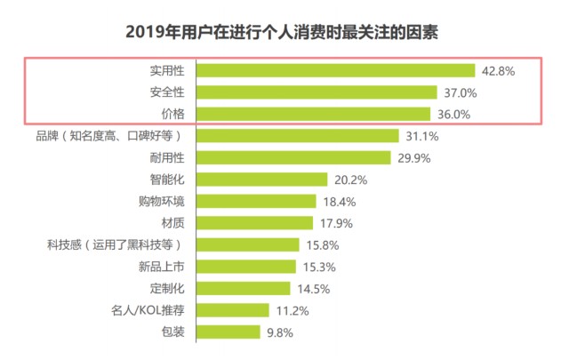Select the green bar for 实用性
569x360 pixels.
click(x=335, y=70)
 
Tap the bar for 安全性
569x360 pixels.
click(x=316, y=92)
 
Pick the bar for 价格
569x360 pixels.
click(x=313, y=114)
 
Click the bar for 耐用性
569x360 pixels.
click(x=293, y=157)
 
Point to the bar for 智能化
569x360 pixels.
click(x=261, y=180)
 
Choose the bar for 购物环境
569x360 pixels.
click(x=255, y=201)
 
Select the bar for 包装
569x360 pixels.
click(x=227, y=332)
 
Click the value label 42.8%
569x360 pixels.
click(x=498, y=70)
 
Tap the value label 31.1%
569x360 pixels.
click(x=421, y=136)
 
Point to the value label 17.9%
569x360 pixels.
click(x=337, y=223)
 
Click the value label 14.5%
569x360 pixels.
click(x=314, y=289)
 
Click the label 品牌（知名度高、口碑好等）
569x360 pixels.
click(x=108, y=136)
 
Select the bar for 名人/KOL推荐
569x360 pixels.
click(x=232, y=310)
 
